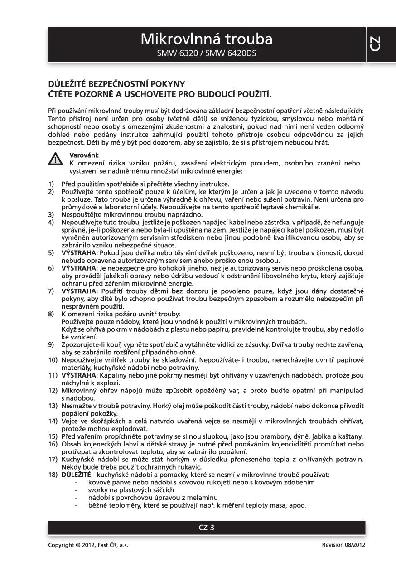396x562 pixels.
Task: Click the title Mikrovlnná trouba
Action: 206,39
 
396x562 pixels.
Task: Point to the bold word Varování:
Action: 82,155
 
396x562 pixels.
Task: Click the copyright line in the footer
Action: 82,545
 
